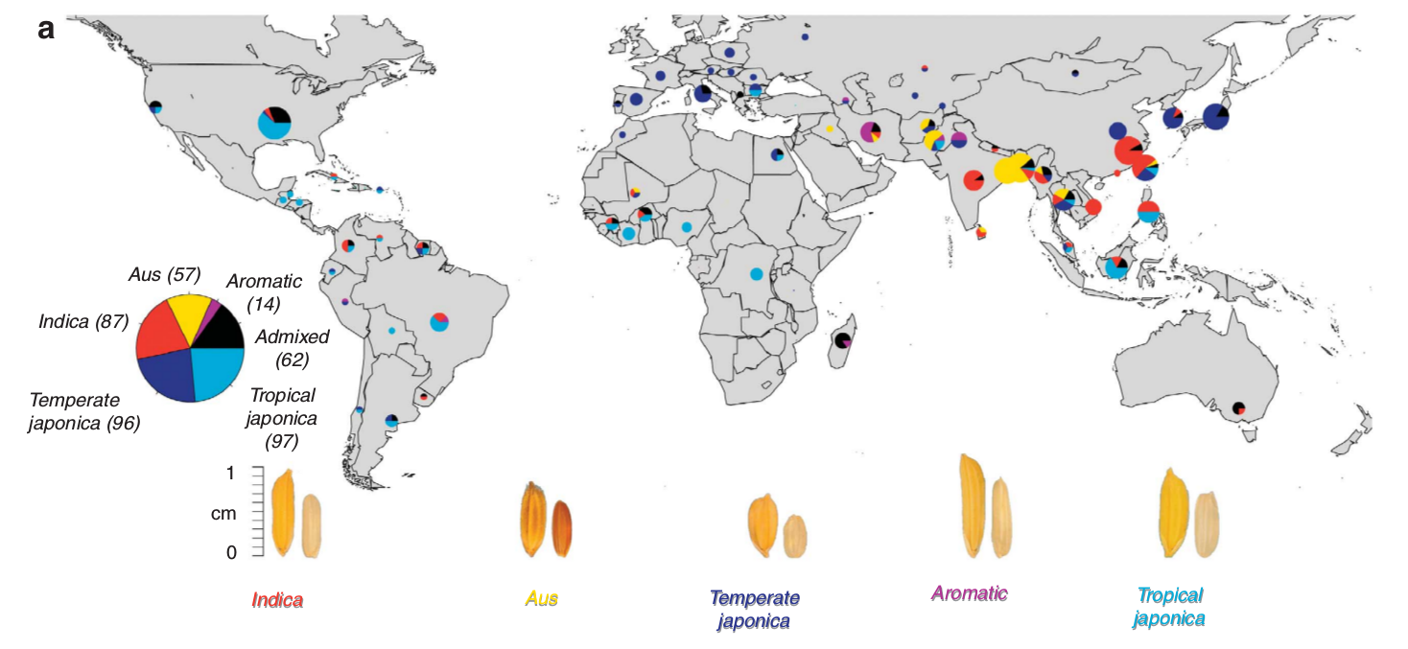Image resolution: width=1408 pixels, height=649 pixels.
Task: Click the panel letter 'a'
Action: tap(46, 30)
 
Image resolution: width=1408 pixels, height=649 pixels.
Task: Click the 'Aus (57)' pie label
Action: tap(165, 274)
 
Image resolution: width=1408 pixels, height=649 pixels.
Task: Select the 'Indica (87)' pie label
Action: tap(83, 322)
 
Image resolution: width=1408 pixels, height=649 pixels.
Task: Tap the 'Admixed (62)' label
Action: tap(292, 348)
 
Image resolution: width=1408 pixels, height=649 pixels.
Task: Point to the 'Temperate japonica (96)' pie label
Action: tap(84, 411)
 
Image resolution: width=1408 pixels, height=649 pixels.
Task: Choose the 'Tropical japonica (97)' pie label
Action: tap(282, 418)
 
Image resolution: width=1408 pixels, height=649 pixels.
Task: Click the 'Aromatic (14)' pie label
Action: tap(264, 292)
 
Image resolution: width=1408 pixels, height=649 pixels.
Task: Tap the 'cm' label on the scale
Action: tap(223, 513)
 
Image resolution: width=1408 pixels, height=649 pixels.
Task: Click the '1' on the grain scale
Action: tap(230, 473)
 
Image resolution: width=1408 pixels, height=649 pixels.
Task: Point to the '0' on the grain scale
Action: tap(231, 553)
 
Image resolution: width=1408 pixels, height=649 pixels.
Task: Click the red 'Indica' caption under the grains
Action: tap(277, 601)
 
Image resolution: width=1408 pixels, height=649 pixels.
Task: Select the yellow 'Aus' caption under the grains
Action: tap(541, 598)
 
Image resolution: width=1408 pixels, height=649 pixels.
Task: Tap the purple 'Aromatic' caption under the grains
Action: tap(970, 593)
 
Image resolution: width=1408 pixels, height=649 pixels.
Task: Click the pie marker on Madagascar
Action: tap(843, 341)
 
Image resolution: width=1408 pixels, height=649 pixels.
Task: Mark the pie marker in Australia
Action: tap(1238, 407)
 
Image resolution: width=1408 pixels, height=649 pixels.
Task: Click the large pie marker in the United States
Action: tap(274, 123)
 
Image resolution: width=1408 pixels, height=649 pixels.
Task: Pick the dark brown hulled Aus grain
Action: tap(562, 528)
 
